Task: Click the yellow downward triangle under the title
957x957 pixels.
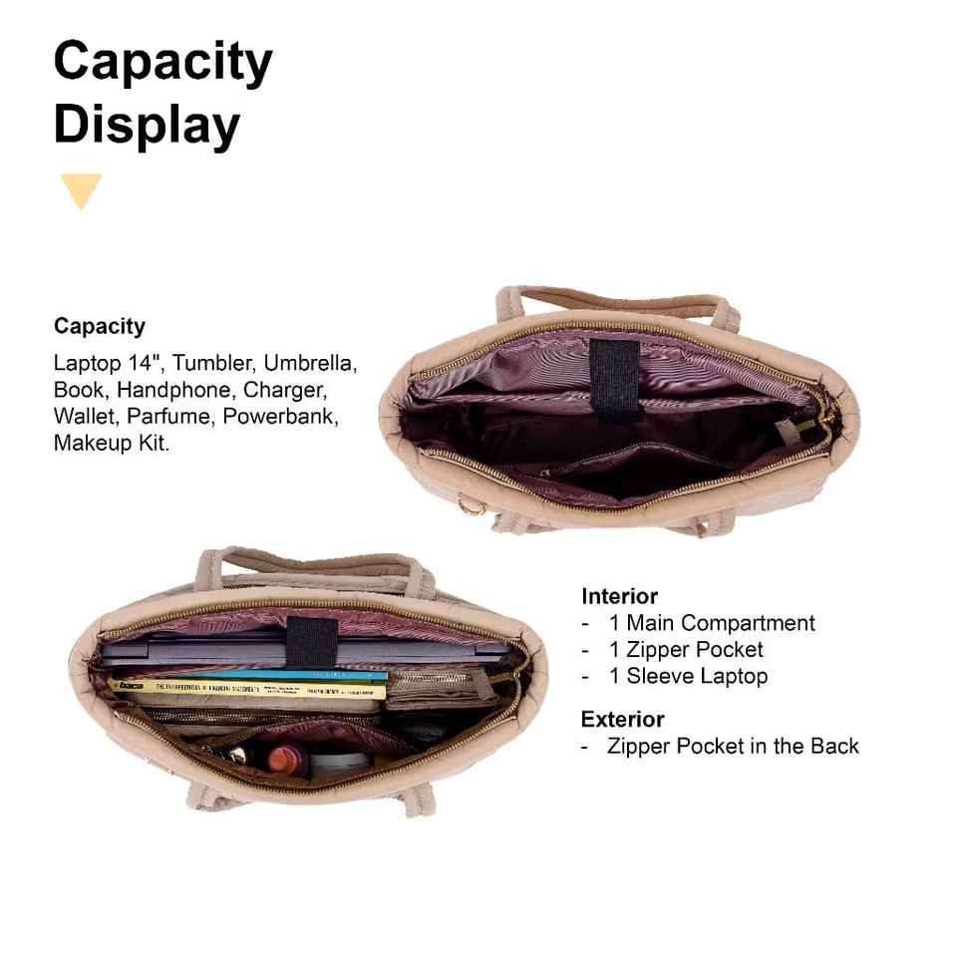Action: point(81,189)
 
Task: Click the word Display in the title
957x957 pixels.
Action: point(147,126)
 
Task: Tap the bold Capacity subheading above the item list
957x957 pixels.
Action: point(100,326)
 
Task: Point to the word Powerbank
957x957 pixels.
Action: point(281,416)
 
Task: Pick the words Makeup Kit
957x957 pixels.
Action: point(111,443)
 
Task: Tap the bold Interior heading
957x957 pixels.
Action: point(619,596)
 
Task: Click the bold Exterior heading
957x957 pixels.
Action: point(622,719)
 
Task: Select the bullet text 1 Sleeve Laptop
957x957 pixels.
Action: point(688,676)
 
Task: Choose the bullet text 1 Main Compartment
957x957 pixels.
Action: point(712,623)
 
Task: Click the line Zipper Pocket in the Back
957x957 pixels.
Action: point(733,746)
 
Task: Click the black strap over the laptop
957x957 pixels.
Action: point(310,641)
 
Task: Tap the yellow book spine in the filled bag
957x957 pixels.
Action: point(249,689)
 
